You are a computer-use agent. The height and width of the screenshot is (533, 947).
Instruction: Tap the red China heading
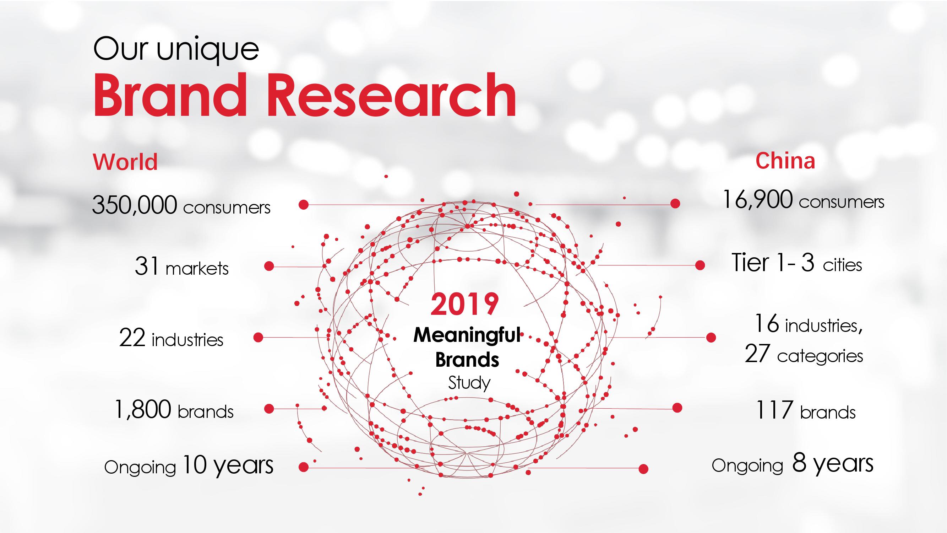[785, 161]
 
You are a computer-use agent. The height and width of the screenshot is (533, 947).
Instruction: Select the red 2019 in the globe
[465, 304]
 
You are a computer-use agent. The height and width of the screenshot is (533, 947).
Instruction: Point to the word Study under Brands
[469, 383]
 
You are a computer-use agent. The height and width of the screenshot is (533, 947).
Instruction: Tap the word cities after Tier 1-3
[842, 265]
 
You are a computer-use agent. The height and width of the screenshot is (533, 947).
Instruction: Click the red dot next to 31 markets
[269, 266]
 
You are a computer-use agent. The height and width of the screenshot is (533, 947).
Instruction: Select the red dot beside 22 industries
[258, 337]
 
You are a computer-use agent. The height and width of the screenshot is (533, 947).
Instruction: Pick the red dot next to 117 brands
[677, 408]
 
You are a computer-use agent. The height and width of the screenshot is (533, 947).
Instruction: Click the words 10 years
[228, 465]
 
